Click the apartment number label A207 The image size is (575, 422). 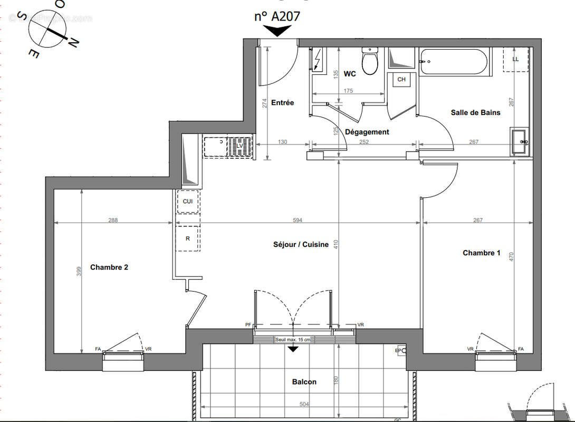pyautogui.click(x=277, y=16)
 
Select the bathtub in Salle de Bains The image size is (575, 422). pyautogui.click(x=454, y=62)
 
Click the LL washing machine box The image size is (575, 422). pyautogui.click(x=515, y=59)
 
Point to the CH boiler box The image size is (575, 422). pyautogui.click(x=401, y=80)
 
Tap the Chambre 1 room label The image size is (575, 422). pyautogui.click(x=481, y=253)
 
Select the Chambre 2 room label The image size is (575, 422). pyautogui.click(x=109, y=267)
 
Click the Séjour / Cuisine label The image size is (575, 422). pyautogui.click(x=301, y=244)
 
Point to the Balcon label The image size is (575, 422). pyautogui.click(x=304, y=382)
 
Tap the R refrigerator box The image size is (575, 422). pyautogui.click(x=188, y=238)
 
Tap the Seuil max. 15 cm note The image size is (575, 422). pyautogui.click(x=293, y=339)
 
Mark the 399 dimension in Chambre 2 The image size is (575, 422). pyautogui.click(x=79, y=272)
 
